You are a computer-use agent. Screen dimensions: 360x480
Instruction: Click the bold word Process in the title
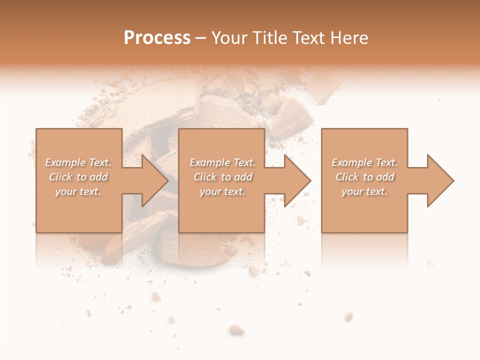coord(157,38)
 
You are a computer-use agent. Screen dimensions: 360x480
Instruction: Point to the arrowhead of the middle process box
coord(297,180)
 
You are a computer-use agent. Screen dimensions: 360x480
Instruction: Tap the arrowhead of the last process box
coord(440,180)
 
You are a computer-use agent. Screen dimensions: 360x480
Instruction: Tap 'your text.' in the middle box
coord(222,191)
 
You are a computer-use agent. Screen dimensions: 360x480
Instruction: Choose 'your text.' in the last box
coord(364,191)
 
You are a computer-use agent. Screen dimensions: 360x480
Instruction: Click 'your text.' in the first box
coord(77,191)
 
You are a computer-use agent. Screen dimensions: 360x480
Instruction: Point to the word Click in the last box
coord(347,177)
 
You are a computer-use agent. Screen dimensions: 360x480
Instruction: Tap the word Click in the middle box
coord(205,177)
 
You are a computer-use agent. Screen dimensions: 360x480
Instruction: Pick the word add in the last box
coord(385,177)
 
